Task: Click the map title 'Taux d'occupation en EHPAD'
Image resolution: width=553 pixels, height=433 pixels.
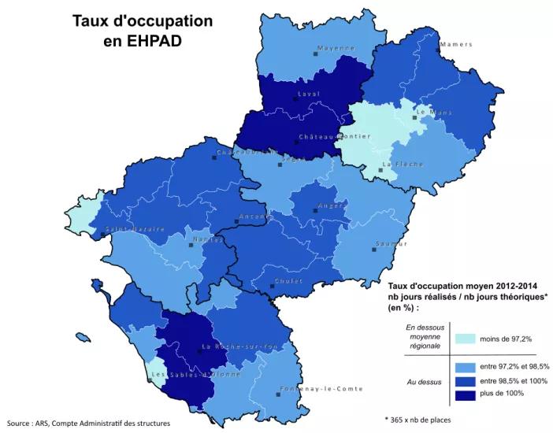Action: [143, 30]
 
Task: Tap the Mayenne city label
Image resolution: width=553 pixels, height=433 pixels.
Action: [336, 49]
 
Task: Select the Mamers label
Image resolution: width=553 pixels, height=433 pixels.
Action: [456, 44]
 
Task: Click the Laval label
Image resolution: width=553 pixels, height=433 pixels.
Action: [308, 94]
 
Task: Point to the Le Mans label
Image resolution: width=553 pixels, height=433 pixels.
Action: [432, 113]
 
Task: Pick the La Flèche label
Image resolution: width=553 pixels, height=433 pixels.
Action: [403, 165]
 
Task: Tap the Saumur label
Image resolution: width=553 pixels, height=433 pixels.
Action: [391, 244]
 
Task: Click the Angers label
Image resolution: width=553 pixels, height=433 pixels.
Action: [332, 206]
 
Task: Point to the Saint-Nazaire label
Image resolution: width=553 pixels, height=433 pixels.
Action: [135, 229]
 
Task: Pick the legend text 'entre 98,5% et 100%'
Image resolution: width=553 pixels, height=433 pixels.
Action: [515, 380]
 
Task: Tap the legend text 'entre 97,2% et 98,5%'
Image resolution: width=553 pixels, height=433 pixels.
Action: [515, 367]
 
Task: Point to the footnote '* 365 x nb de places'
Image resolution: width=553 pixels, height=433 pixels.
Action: [418, 420]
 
